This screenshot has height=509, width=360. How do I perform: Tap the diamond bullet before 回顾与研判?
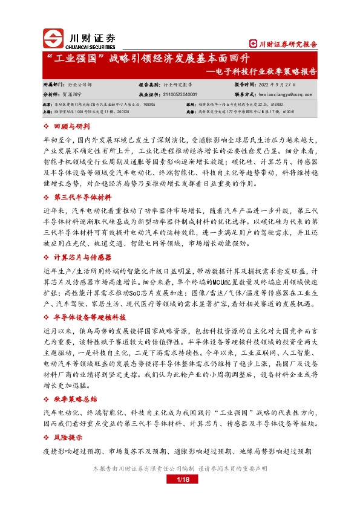pos(48,126)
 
